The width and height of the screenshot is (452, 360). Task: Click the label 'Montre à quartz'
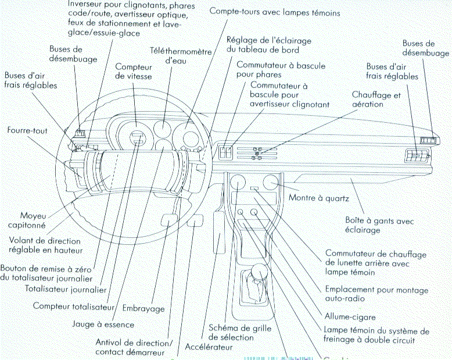[318, 199]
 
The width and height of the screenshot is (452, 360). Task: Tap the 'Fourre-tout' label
[27, 131]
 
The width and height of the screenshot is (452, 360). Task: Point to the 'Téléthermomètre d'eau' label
[181, 55]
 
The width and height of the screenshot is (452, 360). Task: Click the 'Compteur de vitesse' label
[134, 72]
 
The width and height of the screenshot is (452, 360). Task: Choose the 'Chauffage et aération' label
[376, 99]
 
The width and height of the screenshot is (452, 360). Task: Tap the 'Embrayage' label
[144, 308]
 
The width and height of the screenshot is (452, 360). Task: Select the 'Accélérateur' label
[209, 347]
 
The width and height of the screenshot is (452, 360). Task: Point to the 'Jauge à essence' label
[103, 324]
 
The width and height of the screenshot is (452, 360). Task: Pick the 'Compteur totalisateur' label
[72, 305]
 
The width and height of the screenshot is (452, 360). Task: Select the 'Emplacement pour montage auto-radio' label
[376, 294]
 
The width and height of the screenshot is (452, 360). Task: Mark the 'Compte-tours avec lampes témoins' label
[274, 12]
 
